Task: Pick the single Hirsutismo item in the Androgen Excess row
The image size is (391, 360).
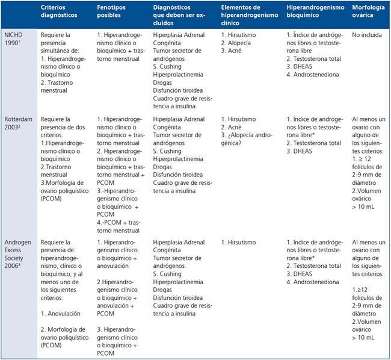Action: click(243, 241)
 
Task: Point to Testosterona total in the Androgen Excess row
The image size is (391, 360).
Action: click(316, 265)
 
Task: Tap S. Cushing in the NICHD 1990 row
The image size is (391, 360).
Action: click(168, 67)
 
